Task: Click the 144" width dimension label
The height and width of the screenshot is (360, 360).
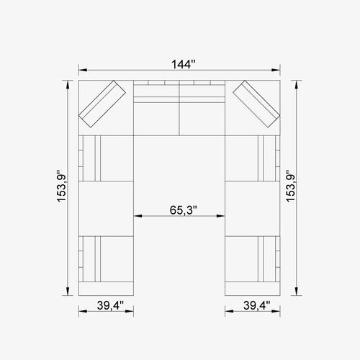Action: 184,64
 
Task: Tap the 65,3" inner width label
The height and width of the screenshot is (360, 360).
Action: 184,210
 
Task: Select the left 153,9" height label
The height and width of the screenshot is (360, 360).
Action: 61,186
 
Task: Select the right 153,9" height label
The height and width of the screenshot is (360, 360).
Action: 290,186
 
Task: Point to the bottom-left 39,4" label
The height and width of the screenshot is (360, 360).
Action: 110,305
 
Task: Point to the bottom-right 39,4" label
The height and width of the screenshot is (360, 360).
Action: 257,305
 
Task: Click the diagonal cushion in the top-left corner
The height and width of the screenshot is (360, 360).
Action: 102,104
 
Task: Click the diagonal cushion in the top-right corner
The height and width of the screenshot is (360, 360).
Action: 256,104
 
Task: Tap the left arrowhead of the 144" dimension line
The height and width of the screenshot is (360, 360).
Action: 83,70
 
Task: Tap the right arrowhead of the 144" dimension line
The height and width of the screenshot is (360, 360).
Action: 276,70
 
